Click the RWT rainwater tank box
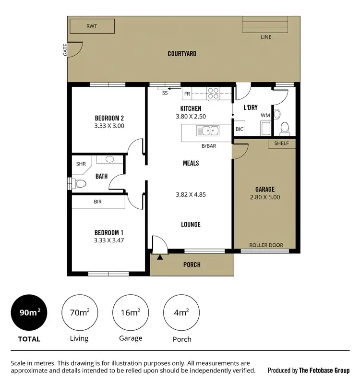[x=92, y=26]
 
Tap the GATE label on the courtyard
[x=65, y=50]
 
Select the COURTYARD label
[x=182, y=54]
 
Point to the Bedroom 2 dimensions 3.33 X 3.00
[x=109, y=126]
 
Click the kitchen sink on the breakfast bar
[x=208, y=130]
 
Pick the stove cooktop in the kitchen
[x=213, y=93]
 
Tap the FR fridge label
[x=187, y=93]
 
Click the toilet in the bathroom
[x=80, y=183]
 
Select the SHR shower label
[x=81, y=164]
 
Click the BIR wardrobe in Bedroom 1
[x=98, y=202]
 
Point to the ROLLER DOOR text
[x=266, y=245]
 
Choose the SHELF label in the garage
[x=281, y=144]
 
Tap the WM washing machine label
[x=265, y=116]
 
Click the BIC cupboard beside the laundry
[x=239, y=130]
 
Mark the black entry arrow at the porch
[x=160, y=258]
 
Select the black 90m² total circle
[x=29, y=312]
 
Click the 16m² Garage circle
[x=131, y=312]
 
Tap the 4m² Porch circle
[x=181, y=312]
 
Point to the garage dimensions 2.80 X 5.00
[x=265, y=197]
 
